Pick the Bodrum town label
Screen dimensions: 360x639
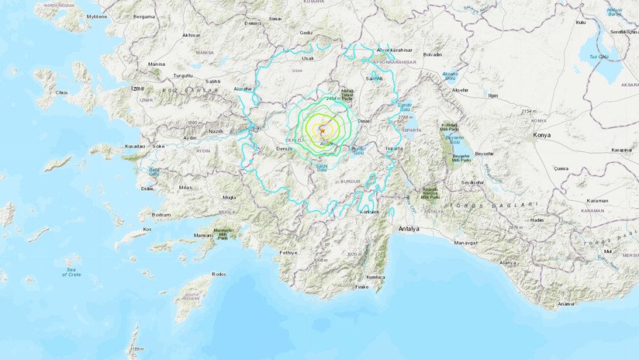click(161, 215)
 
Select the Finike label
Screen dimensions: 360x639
click(362, 287)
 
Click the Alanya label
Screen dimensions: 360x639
click(507, 263)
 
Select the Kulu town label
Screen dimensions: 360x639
click(580, 23)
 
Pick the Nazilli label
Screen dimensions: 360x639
click(214, 132)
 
